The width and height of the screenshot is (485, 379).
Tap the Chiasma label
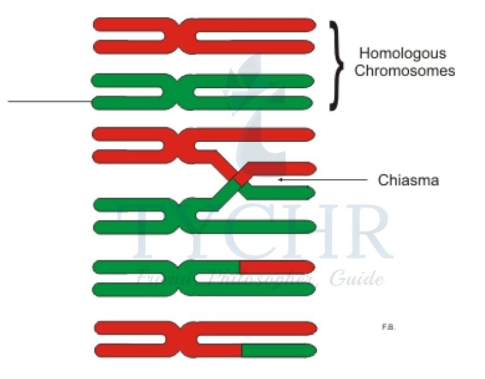409,181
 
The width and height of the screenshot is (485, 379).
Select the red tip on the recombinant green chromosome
277,267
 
